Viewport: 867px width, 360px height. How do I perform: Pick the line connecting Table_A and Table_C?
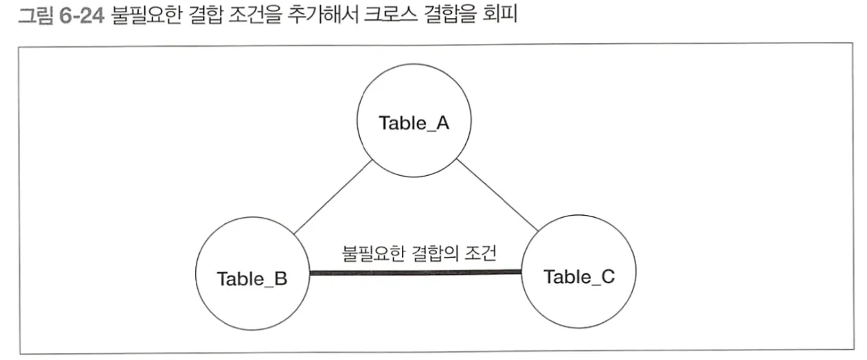(x=496, y=196)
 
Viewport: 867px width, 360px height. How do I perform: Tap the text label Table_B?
(x=251, y=279)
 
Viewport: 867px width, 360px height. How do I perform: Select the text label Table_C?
(x=579, y=277)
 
